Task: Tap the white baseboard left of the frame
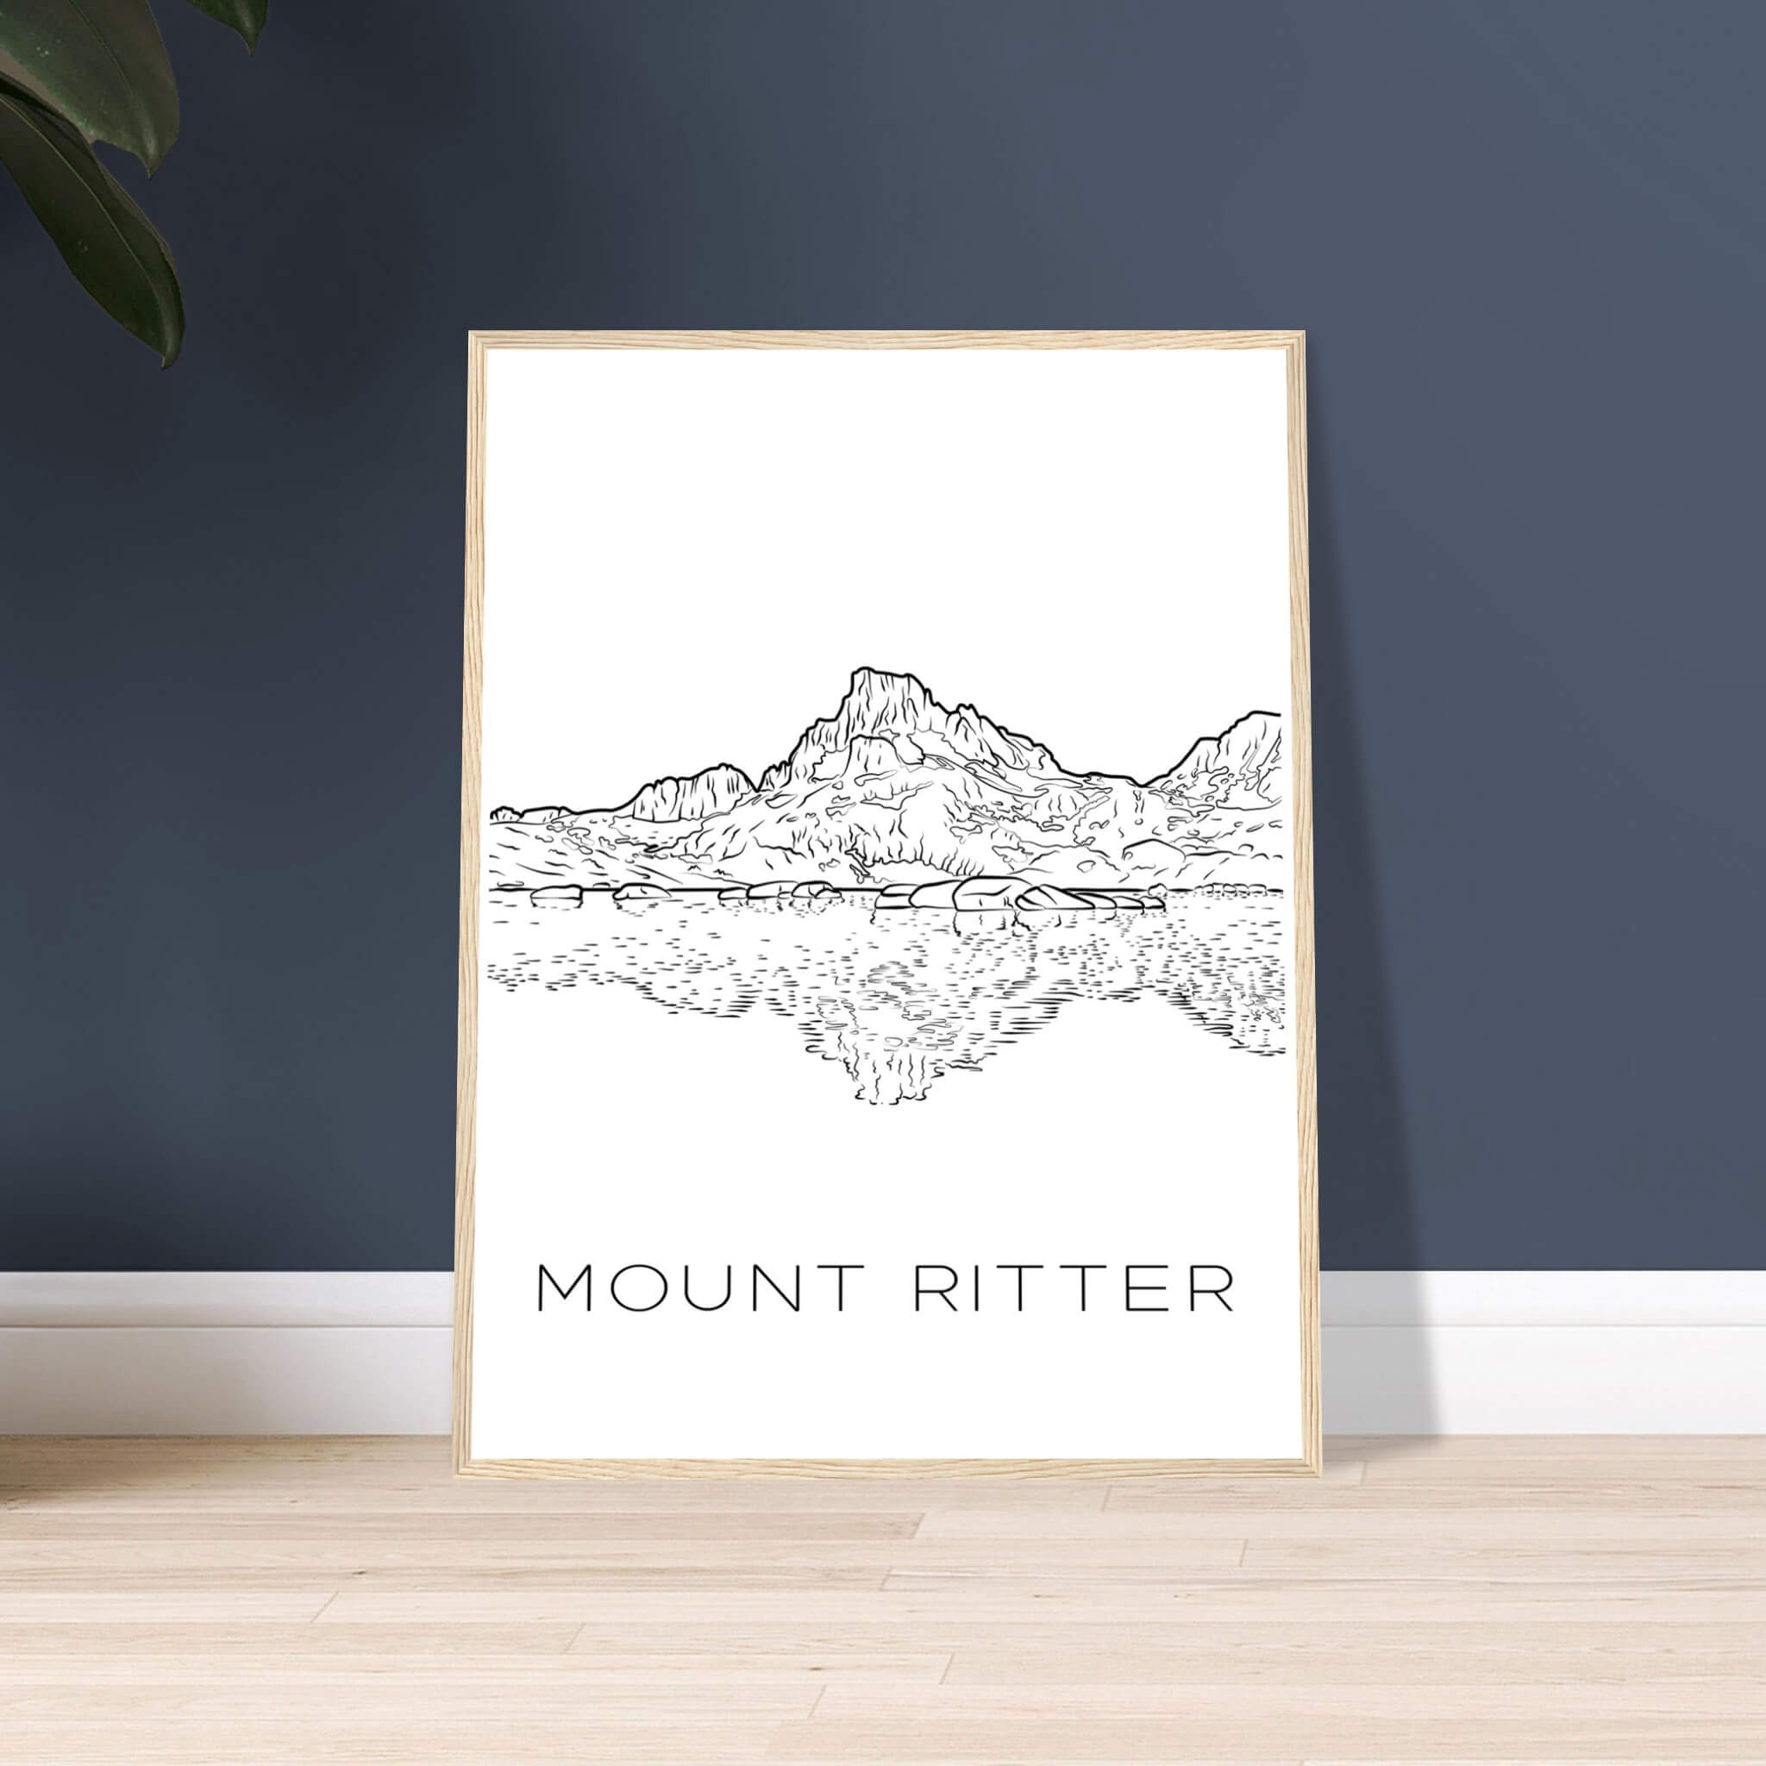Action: tap(229, 1325)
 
